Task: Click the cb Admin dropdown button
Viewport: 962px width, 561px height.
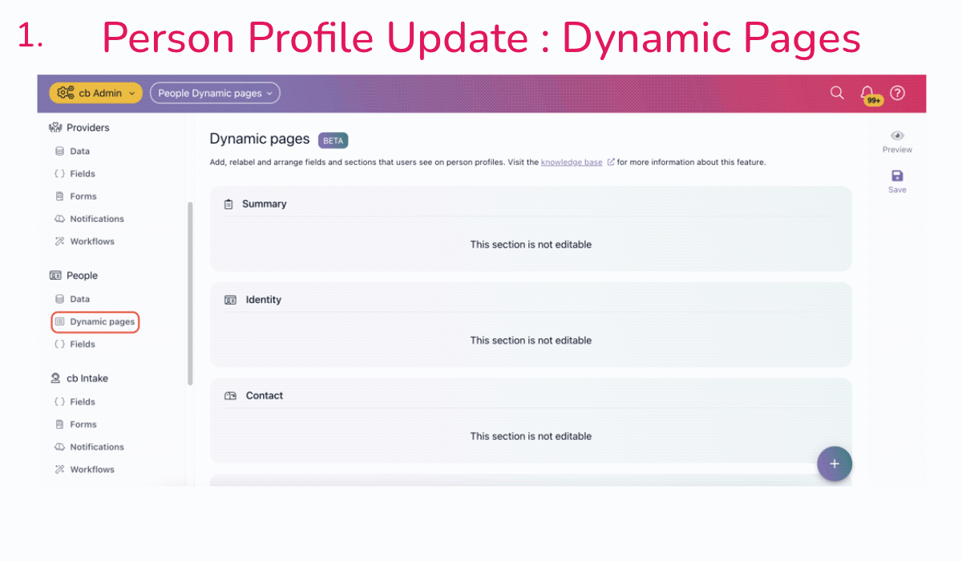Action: [95, 93]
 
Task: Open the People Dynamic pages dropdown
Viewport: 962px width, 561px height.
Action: [215, 93]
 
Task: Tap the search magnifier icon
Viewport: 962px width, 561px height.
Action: [837, 93]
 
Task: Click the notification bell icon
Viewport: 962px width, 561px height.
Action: [867, 93]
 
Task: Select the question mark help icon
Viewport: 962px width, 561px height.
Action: [898, 93]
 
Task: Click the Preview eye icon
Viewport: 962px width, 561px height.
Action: [897, 136]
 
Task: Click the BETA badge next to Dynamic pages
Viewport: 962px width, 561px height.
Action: [333, 140]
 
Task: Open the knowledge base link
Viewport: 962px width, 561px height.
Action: [572, 162]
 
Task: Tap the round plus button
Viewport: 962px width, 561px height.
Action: [834, 463]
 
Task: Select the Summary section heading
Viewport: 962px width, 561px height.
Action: [264, 204]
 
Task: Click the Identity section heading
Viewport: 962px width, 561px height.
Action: [263, 300]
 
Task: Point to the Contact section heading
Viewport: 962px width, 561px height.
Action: [264, 396]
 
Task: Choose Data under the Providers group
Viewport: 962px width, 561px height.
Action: [79, 151]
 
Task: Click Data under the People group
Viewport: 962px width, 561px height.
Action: [79, 299]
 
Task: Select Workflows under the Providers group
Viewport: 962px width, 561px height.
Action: [91, 241]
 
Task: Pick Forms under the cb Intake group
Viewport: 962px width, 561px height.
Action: [83, 425]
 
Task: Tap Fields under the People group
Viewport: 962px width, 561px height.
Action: [82, 345]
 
